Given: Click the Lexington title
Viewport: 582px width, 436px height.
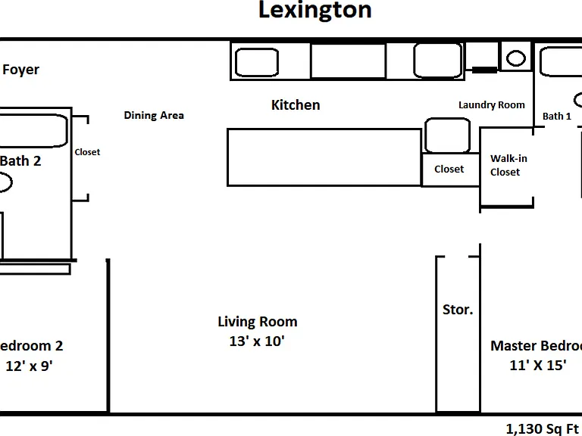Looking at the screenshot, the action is tap(314, 11).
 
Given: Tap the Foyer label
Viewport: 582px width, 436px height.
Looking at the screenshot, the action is tap(20, 70).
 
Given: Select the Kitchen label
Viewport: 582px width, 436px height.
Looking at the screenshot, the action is tap(296, 105).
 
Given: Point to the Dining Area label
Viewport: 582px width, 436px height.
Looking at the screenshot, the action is tap(154, 115).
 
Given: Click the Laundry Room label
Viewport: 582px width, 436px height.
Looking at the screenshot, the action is tap(492, 105).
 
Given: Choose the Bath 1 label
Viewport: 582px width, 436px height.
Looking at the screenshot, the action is tap(557, 116).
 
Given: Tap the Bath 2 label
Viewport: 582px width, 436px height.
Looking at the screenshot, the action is tap(20, 161).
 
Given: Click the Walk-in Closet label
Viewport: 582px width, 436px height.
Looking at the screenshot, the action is tap(508, 165).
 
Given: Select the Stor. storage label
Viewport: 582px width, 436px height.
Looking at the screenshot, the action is tap(458, 310).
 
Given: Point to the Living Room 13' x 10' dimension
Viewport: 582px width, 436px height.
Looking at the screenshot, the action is tap(257, 341).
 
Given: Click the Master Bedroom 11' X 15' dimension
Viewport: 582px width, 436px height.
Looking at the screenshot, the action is tap(538, 365).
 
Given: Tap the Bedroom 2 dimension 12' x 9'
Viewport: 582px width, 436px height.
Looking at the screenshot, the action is tap(30, 366).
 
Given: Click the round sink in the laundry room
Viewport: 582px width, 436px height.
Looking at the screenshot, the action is tap(516, 58).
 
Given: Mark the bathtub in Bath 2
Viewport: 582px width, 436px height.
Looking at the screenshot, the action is tap(33, 130).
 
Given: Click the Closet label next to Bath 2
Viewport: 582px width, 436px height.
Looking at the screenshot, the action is tap(87, 152).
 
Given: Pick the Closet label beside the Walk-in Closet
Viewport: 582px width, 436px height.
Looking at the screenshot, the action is tap(449, 169).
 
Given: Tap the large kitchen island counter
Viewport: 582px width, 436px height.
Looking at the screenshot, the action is tap(324, 157).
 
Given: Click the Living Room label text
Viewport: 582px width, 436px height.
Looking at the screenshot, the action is tap(257, 322).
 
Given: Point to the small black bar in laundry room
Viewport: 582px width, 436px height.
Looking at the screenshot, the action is tap(484, 70).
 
